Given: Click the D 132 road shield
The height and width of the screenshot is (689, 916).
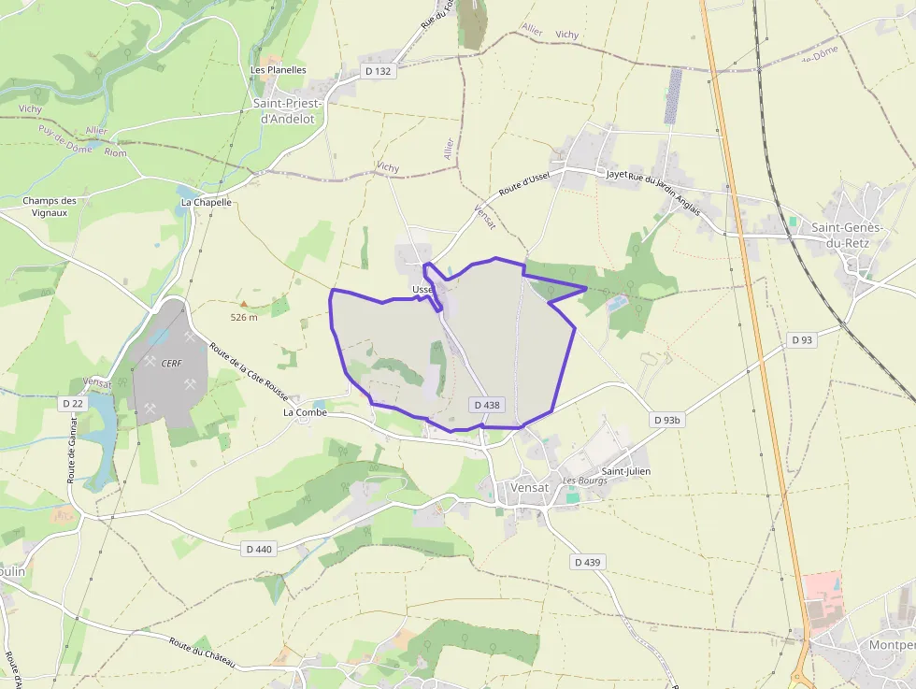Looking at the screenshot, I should point(377,72).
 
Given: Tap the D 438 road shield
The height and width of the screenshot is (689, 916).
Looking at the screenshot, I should point(487,405).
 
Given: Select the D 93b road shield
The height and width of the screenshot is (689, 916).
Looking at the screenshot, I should point(667,421).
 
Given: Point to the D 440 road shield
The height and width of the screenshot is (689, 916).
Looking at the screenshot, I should point(259,550).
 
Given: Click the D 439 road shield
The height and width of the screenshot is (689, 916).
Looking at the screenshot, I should point(587,562).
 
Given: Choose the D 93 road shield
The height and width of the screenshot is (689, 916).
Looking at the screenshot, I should point(801,340).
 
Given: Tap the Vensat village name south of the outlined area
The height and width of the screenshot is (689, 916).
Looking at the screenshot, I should point(529,488).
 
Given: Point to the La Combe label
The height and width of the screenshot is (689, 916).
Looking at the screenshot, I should point(305,411).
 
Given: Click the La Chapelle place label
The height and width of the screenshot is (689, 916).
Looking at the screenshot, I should point(206,202).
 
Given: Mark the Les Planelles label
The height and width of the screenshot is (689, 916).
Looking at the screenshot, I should point(279,69).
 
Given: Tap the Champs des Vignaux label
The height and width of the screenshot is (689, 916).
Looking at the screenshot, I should point(50,206).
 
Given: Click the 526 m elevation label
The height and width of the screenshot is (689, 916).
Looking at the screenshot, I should point(243,317).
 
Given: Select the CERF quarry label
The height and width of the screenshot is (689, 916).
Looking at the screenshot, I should point(171,363).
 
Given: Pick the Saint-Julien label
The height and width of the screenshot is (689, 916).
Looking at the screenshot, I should point(625,471).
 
